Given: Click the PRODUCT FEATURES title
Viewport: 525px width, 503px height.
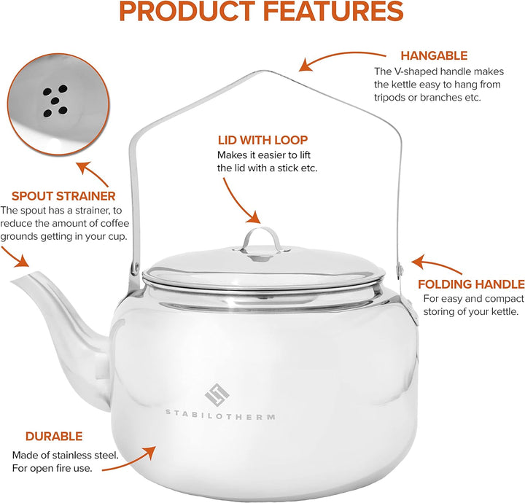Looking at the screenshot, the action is [261, 11].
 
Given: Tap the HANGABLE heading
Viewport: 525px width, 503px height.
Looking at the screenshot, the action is [434, 55].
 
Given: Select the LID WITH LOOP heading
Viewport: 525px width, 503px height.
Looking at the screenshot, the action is [262, 140].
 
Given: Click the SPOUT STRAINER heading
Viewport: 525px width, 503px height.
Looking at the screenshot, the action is [63, 196].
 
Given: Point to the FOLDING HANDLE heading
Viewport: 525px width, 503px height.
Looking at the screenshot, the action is [471, 284].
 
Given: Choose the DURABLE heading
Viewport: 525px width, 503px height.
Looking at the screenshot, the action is [54, 436].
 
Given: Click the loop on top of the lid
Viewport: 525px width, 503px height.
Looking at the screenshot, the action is [261, 238].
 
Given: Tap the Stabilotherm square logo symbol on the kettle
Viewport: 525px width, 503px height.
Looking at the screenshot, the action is [217, 394].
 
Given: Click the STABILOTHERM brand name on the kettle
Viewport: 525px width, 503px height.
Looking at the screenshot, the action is [220, 415].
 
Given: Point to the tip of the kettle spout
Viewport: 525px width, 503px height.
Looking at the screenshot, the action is [13, 281].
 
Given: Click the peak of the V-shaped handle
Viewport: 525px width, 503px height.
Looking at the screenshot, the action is [266, 71].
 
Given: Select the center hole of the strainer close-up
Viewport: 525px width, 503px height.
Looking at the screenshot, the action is [55, 101].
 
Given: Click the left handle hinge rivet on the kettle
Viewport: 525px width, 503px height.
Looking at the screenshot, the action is [136, 267].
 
